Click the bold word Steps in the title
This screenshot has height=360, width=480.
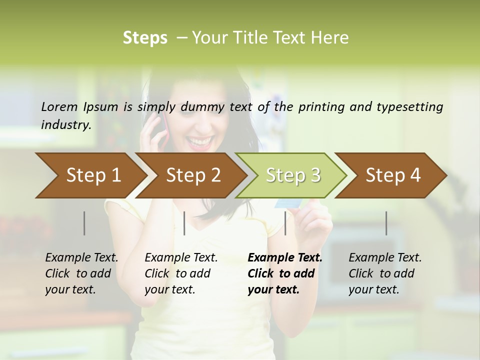click(x=145, y=38)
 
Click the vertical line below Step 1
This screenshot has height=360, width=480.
click(x=84, y=223)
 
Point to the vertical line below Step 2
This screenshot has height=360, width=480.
click(x=184, y=223)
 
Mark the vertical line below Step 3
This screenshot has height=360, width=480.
click(x=285, y=223)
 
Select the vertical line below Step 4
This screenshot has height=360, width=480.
click(x=386, y=223)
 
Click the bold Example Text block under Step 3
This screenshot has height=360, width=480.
click(x=284, y=273)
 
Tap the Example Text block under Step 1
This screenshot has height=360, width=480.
click(x=81, y=273)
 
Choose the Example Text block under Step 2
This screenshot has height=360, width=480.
click(x=181, y=273)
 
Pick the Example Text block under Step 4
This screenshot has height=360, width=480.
click(x=385, y=273)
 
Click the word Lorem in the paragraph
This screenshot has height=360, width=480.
click(x=59, y=106)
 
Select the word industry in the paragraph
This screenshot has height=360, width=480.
click(x=65, y=124)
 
